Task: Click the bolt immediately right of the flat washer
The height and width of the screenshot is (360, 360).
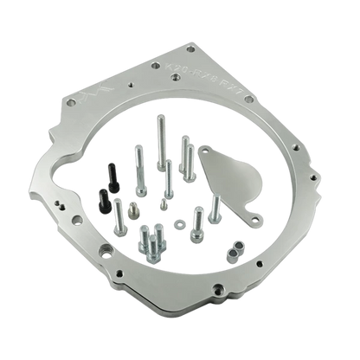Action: tap(194, 222)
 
